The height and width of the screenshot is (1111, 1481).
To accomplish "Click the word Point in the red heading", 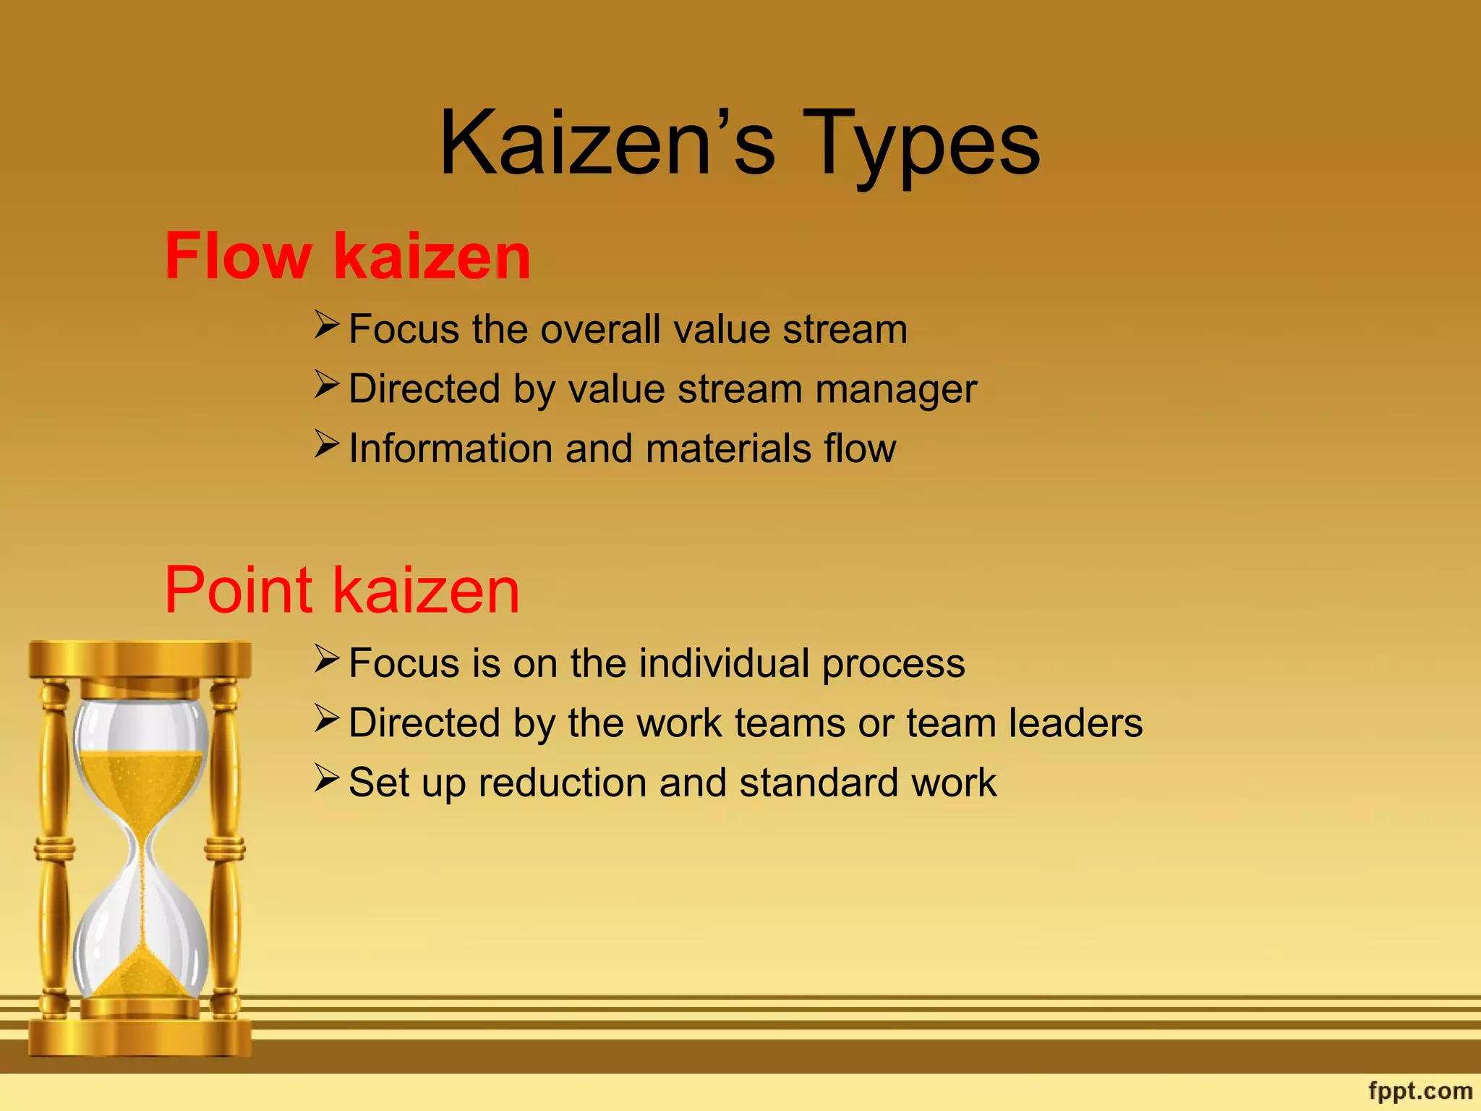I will (x=239, y=590).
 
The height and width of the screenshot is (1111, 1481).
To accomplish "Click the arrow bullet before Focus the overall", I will (x=327, y=325).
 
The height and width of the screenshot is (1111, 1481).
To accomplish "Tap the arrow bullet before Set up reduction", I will (x=327, y=778).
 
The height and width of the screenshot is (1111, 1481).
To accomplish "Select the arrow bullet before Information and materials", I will (x=327, y=444).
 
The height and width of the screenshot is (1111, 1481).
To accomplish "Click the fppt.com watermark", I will (x=1420, y=1090).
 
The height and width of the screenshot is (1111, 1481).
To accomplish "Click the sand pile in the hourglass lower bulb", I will (x=142, y=973).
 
